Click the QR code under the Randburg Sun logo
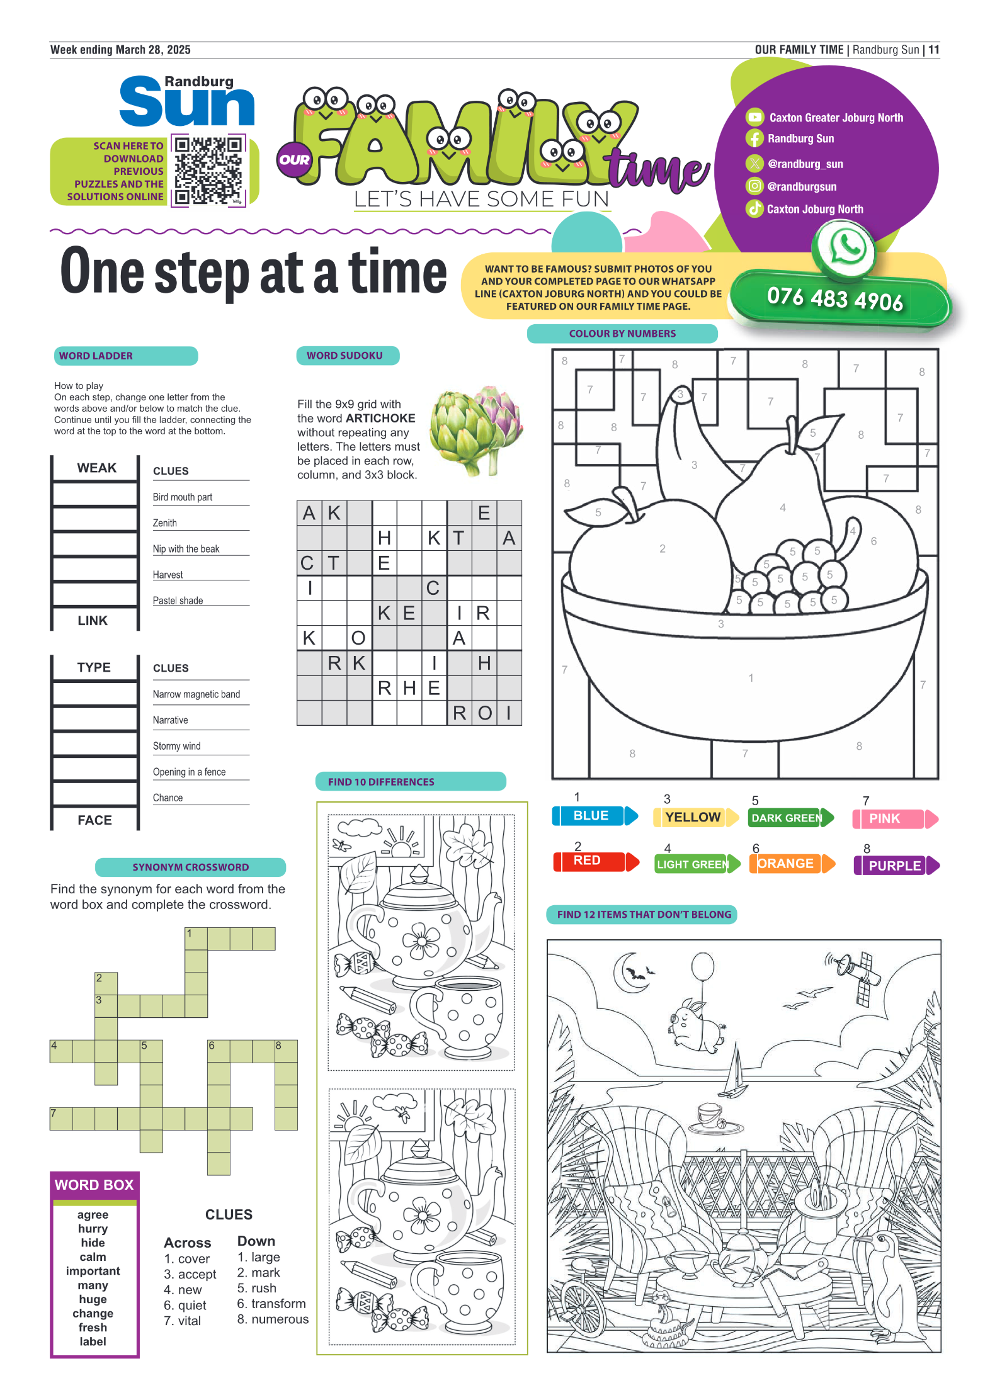pyautogui.click(x=208, y=171)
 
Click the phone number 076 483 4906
pyautogui.click(x=835, y=298)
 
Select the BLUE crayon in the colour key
pyautogui.click(x=595, y=816)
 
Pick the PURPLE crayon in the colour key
pyautogui.click(x=897, y=866)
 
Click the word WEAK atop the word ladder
pyautogui.click(x=97, y=468)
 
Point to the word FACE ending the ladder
pyautogui.click(x=94, y=820)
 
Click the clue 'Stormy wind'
pyautogui.click(x=177, y=746)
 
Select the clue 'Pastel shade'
pyautogui.click(x=178, y=601)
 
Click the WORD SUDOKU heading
pyautogui.click(x=344, y=356)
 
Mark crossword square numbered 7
pyautogui.click(x=61, y=1119)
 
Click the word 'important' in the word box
pyautogui.click(x=93, y=1271)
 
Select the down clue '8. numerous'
pyautogui.click(x=273, y=1319)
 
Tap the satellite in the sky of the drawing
pyautogui.click(x=855, y=975)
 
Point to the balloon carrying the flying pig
pyautogui.click(x=702, y=966)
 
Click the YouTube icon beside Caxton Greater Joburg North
pyautogui.click(x=754, y=117)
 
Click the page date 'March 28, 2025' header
pyautogui.click(x=153, y=50)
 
